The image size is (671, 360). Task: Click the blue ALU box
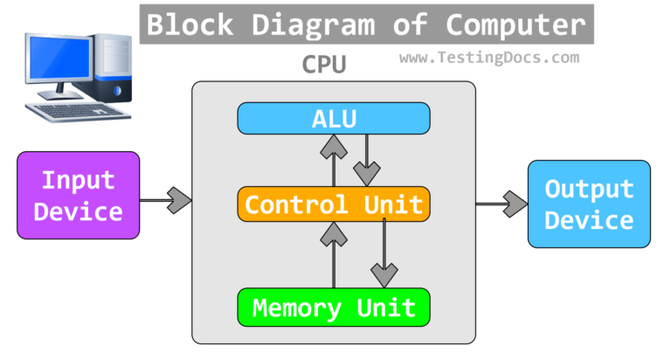click(333, 119)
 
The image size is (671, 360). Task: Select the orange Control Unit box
click(333, 204)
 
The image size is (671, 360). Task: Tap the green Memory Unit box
click(333, 307)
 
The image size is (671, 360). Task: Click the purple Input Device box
click(78, 196)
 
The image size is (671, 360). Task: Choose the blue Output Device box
click(589, 204)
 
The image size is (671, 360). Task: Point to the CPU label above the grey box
click(324, 65)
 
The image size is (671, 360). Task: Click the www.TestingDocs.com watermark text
click(488, 58)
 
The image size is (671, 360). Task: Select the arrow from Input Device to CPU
click(166, 200)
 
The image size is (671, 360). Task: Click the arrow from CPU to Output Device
click(502, 204)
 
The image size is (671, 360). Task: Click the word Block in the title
click(186, 24)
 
